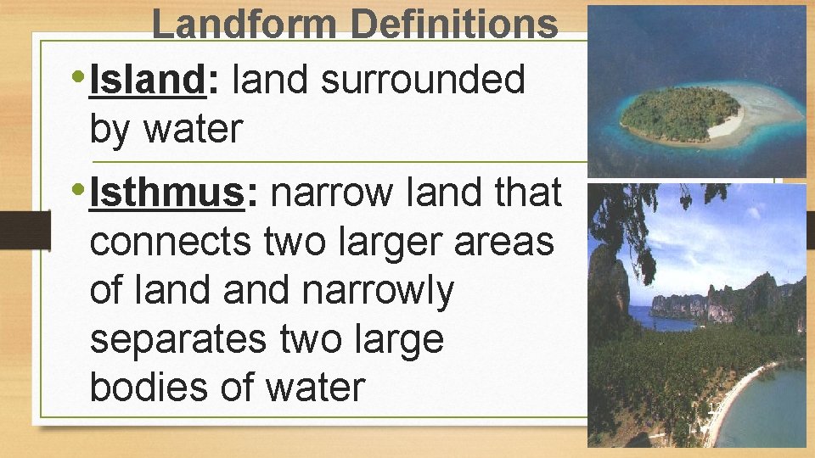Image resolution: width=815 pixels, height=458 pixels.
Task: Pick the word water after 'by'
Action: point(193,130)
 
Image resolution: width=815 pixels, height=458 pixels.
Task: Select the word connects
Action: point(169,243)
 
